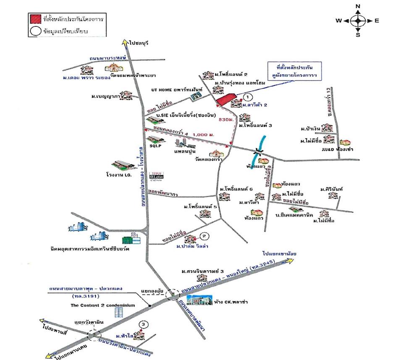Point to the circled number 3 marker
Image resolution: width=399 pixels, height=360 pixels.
coord(144,324)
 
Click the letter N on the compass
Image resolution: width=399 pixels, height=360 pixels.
coord(358,6)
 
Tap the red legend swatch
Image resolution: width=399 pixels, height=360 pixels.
coord(35,18)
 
